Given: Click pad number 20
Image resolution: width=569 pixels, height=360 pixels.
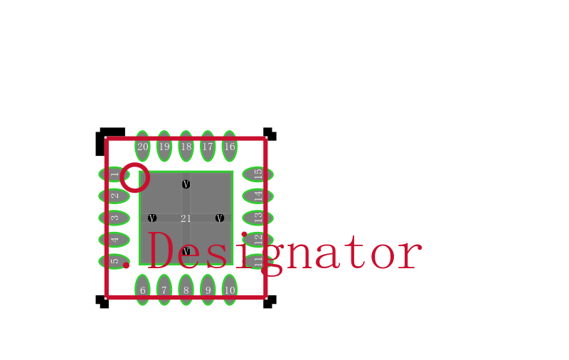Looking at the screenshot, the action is click(142, 147).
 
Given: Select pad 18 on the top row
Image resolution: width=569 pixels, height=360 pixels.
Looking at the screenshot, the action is click(186, 147).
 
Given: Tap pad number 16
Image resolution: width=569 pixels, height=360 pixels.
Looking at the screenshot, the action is click(229, 147).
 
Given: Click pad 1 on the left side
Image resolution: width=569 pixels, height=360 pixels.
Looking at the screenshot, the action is click(114, 174).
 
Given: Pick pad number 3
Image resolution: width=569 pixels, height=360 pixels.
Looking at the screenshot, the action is click(114, 218).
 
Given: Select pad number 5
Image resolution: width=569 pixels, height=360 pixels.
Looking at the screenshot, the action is click(114, 261).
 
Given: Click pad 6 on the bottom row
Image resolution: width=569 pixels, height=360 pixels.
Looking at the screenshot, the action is click(142, 290).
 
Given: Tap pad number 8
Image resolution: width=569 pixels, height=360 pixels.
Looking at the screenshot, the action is click(186, 290).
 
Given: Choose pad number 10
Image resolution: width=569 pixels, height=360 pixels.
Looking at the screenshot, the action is click(229, 290).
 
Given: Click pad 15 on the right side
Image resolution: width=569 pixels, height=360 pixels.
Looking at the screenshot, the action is click(257, 174).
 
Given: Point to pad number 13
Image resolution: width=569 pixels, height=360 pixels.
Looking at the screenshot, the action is click(257, 218).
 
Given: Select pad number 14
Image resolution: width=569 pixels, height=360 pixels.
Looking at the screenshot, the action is click(257, 196).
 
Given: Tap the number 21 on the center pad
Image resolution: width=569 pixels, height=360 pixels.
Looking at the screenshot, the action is click(186, 218).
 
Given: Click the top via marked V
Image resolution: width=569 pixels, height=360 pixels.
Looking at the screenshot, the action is click(186, 184).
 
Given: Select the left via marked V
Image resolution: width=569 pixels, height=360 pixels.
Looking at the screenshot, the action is click(152, 218).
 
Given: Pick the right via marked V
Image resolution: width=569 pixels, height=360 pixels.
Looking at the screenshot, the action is click(220, 218).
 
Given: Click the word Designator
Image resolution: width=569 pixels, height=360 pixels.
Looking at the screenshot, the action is click(284, 251).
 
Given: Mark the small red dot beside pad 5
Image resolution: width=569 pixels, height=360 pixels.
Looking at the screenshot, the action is click(126, 265).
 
